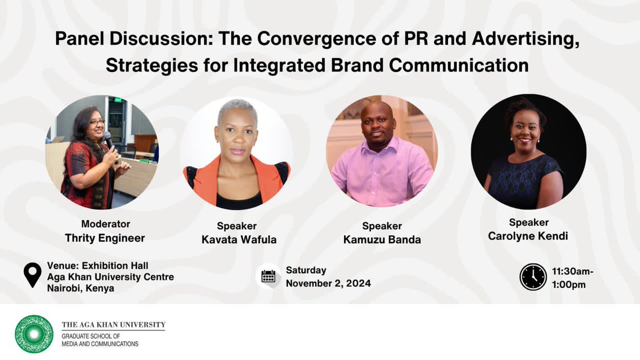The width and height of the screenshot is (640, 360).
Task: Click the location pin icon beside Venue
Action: pos(33,275)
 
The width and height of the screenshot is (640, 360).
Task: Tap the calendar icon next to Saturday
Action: pos(268,276)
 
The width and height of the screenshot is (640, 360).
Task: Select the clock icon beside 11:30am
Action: pos(533,277)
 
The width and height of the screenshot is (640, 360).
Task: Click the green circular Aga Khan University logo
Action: pos(34,334)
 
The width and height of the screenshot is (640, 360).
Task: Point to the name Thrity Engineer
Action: pos(105,238)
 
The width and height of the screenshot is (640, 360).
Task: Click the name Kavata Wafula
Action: pos(239,239)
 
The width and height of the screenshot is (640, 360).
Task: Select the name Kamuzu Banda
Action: pos(382,240)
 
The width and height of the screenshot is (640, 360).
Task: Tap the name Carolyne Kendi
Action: pos(528,236)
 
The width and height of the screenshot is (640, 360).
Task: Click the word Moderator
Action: pos(105,224)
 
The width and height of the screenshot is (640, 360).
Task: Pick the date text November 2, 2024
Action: pos(328,283)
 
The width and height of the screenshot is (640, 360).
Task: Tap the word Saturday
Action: pos(306,270)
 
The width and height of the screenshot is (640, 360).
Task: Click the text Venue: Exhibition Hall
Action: pos(98,266)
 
